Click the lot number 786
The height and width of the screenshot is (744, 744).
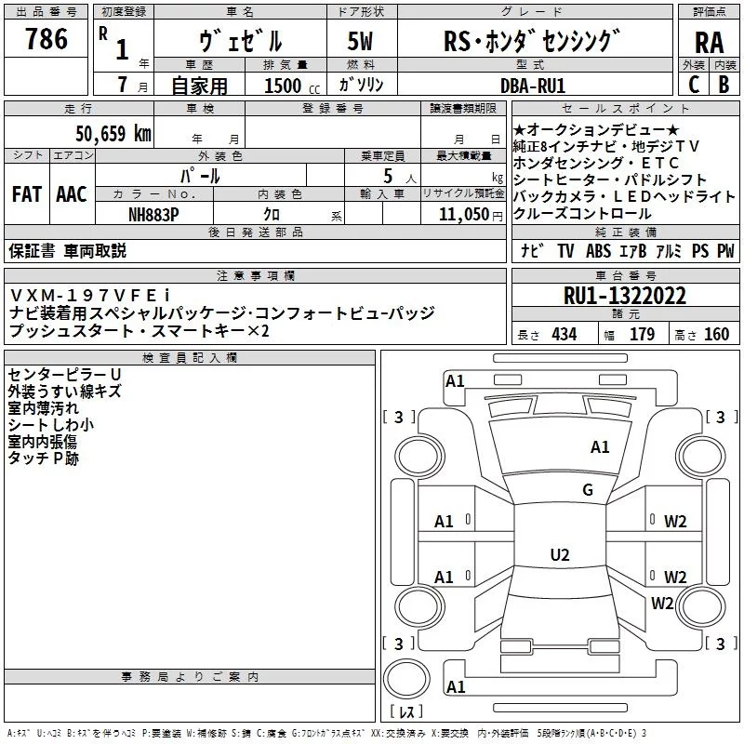[x=46, y=39]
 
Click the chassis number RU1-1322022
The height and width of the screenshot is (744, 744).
[x=625, y=297]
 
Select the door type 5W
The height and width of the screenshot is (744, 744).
[x=360, y=41]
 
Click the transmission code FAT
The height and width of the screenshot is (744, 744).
[x=26, y=194]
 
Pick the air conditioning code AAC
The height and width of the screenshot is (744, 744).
[x=71, y=194]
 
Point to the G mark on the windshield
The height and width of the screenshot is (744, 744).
[x=588, y=490]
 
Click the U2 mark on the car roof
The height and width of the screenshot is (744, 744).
[x=560, y=555]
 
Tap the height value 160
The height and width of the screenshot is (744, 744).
[x=716, y=335]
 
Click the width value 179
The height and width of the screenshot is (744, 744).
[x=642, y=335]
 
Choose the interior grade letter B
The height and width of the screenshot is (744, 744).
[x=724, y=85]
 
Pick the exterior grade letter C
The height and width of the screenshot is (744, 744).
[x=693, y=85]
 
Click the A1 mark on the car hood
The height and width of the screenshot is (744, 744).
[x=600, y=447]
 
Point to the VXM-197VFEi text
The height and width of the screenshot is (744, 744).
[x=90, y=295]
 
